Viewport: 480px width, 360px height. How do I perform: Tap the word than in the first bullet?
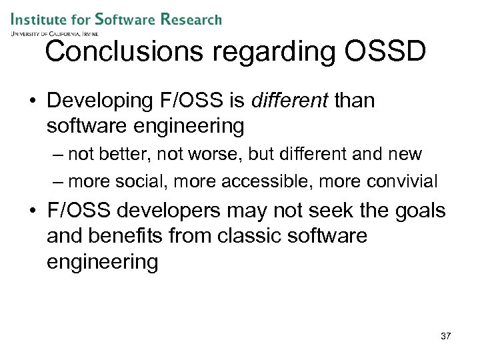[355, 101]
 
